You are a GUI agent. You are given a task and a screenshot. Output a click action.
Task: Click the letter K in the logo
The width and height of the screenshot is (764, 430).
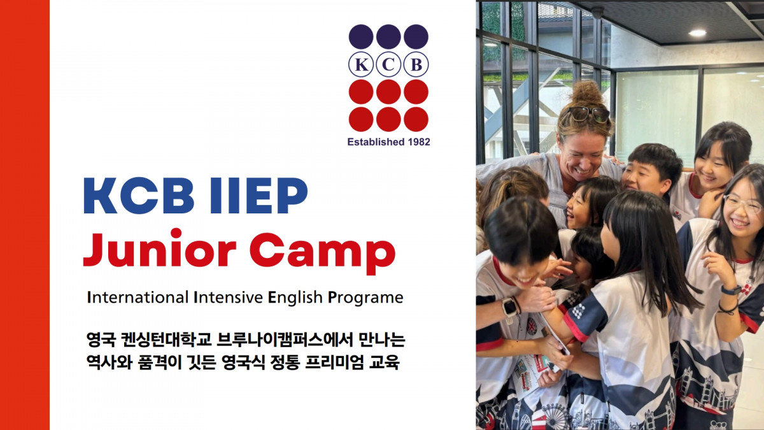(x=361, y=64)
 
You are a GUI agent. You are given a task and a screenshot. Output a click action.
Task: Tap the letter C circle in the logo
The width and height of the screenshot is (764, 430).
(x=388, y=64)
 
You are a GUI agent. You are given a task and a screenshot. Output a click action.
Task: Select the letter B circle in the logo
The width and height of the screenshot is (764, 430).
(x=416, y=64)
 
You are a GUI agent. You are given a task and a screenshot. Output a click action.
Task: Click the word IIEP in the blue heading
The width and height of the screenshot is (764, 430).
(x=259, y=196)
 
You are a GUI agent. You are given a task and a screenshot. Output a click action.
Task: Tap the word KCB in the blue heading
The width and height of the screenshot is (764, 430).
(x=139, y=196)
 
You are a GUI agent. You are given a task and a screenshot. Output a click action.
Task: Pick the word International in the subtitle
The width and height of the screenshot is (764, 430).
(x=138, y=297)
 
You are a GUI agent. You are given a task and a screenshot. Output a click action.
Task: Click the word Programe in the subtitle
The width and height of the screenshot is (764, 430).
(x=365, y=298)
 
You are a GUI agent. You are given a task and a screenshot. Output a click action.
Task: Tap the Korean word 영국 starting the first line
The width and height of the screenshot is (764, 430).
(x=101, y=340)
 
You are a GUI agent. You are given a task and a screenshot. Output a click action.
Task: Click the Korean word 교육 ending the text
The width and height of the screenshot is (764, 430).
(x=385, y=362)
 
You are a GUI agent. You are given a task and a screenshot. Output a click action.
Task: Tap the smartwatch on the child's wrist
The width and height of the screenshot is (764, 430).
(x=509, y=307)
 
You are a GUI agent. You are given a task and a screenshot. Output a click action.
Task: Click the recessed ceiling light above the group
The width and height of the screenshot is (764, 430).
(x=697, y=32)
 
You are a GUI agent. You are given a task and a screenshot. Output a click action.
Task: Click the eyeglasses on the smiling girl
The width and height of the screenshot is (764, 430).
(x=744, y=203)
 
